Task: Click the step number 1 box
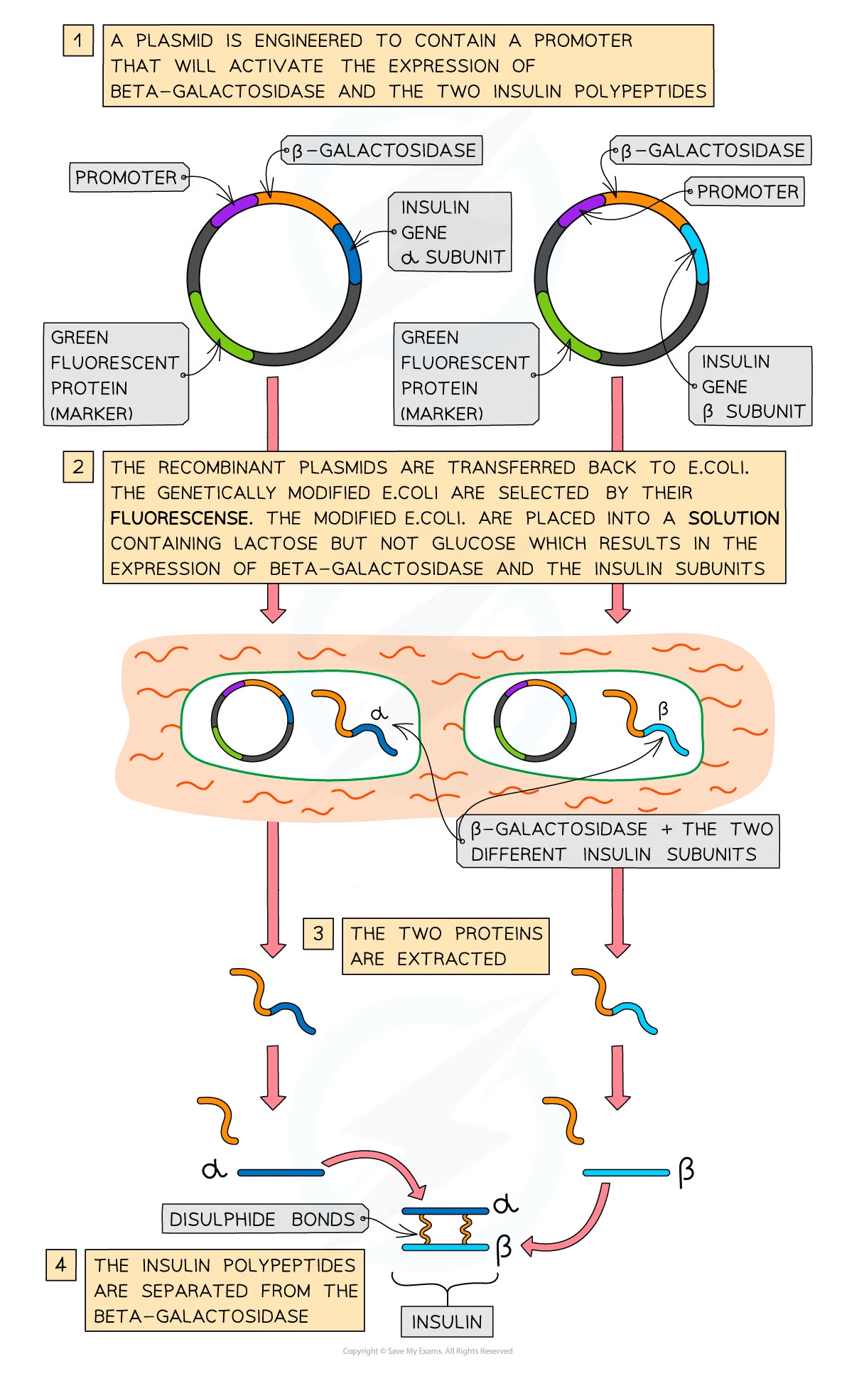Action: [x=77, y=41]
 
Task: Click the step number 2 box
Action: [x=77, y=467]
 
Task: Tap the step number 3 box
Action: [x=318, y=933]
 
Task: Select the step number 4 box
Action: [x=60, y=1264]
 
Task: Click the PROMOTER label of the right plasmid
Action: [x=746, y=192]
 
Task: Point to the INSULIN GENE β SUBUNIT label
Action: [x=750, y=387]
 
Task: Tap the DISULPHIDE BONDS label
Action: [x=262, y=1219]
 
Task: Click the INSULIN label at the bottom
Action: [x=446, y=1322]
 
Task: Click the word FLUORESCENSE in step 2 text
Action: [x=180, y=518]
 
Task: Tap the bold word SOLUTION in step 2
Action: [x=733, y=518]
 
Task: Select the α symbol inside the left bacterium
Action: [x=380, y=713]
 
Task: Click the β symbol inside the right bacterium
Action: [x=663, y=709]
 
